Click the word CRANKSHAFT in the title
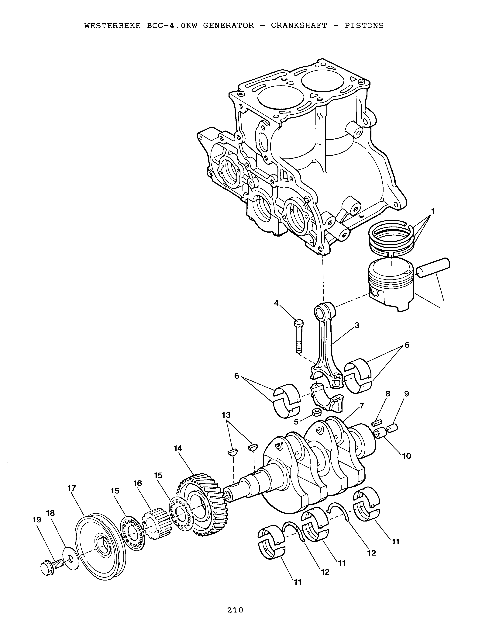299,26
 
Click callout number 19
37,519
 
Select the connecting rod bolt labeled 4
298,337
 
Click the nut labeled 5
317,412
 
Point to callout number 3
357,325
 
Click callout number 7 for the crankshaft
362,405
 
